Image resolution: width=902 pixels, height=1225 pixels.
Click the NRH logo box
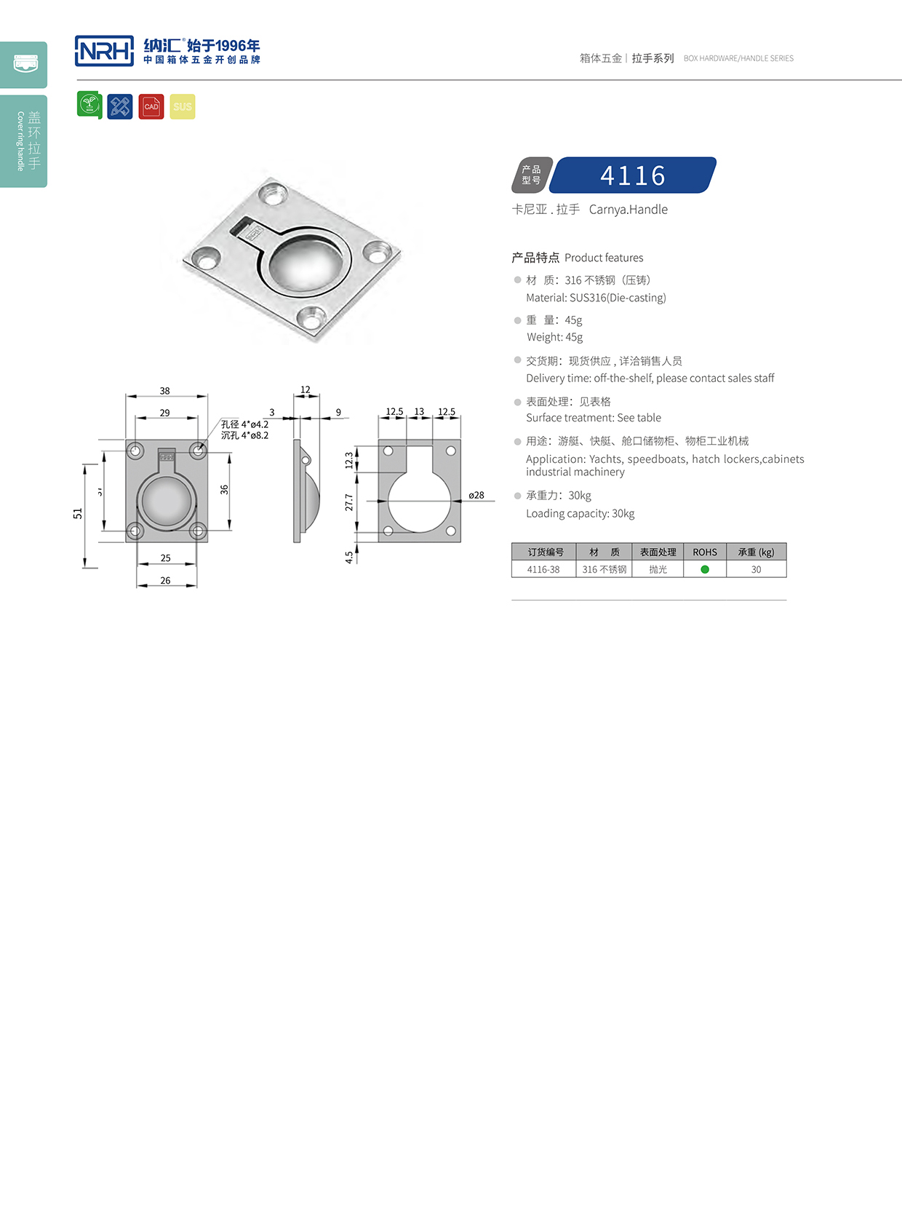click(104, 51)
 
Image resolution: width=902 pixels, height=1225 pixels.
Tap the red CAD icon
click(151, 107)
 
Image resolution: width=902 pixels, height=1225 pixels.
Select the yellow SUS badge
click(183, 107)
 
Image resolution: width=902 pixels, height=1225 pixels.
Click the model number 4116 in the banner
click(633, 175)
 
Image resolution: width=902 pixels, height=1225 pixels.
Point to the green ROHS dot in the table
click(705, 569)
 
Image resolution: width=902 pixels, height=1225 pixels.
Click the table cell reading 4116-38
click(543, 569)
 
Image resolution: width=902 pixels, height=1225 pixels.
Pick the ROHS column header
click(705, 552)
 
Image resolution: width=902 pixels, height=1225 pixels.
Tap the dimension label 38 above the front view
click(165, 391)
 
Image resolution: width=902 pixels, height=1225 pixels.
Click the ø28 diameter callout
click(476, 495)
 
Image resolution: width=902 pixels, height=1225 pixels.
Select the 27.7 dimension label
click(349, 502)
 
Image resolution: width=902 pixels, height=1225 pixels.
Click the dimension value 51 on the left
click(78, 513)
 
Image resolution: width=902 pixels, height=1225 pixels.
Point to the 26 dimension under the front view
click(166, 580)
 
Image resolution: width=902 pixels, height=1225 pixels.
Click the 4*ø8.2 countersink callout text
click(245, 435)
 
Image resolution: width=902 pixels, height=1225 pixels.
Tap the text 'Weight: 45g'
click(555, 337)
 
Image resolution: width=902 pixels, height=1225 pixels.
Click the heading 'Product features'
click(604, 258)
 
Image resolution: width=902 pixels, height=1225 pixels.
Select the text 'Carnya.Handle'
click(628, 210)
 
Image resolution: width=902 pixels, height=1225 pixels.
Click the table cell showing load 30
click(756, 569)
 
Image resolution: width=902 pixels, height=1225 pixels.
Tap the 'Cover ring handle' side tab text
click(20, 141)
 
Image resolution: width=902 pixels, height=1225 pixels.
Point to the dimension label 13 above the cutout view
click(419, 411)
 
